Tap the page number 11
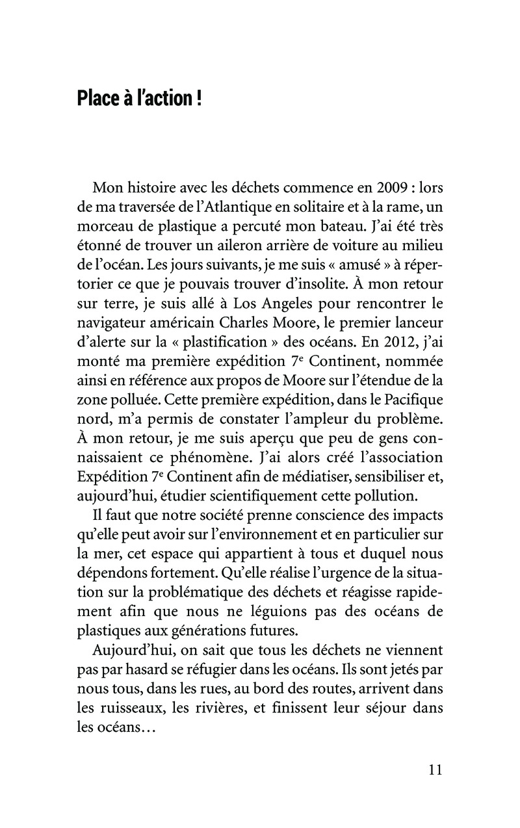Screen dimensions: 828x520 [435, 770]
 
